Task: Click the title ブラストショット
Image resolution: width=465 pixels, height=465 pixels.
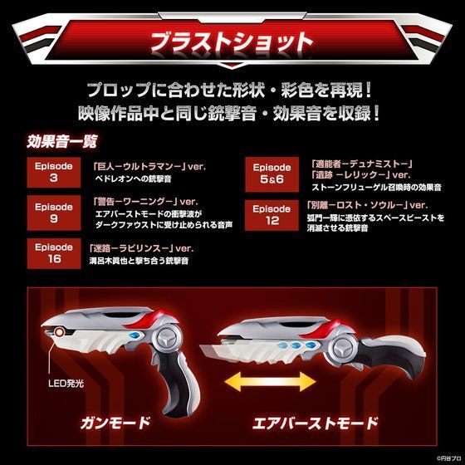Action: point(232,41)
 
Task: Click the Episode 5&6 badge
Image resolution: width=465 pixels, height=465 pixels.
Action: point(272,172)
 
